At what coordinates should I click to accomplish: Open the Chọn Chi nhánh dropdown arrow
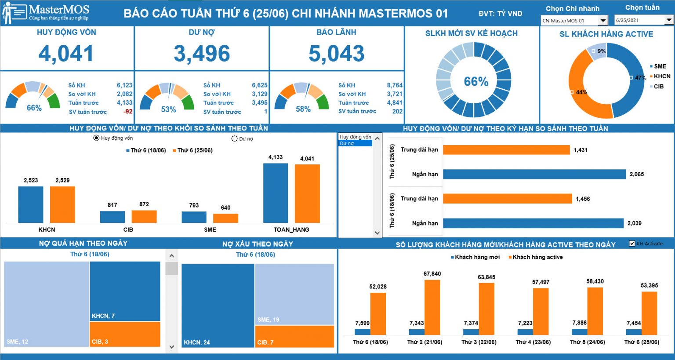coord(602,21)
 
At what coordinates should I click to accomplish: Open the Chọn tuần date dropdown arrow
coord(669,20)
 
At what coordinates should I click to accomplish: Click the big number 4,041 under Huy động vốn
coord(66,54)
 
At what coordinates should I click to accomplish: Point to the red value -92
coord(128,112)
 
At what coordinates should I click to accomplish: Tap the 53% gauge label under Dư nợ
coord(168,109)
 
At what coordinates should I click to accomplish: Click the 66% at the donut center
coord(476,81)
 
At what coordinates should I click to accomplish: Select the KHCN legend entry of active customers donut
coord(660,76)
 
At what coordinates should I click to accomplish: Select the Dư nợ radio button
coord(234,139)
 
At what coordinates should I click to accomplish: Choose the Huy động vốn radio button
coord(96,138)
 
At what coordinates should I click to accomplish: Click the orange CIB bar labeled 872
coord(144,216)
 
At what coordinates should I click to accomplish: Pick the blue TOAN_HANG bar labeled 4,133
coord(276,193)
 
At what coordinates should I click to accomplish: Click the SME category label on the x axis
coord(210,229)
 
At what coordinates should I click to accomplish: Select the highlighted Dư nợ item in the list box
coord(356,143)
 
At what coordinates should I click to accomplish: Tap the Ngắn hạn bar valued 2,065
coord(534,174)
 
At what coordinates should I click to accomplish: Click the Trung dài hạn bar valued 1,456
coord(508,199)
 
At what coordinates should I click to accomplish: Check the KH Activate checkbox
coord(632,244)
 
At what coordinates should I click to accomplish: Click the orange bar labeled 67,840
coord(432,307)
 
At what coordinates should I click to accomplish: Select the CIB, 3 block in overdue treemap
coord(125,334)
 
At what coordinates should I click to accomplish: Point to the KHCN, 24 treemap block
coord(218,305)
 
